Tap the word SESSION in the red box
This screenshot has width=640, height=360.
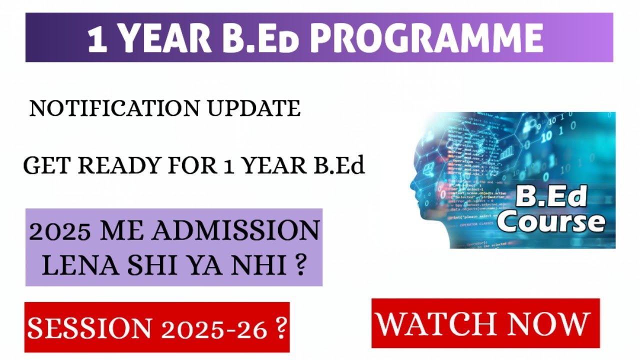click(89, 328)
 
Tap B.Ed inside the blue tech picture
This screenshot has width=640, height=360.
click(550, 197)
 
